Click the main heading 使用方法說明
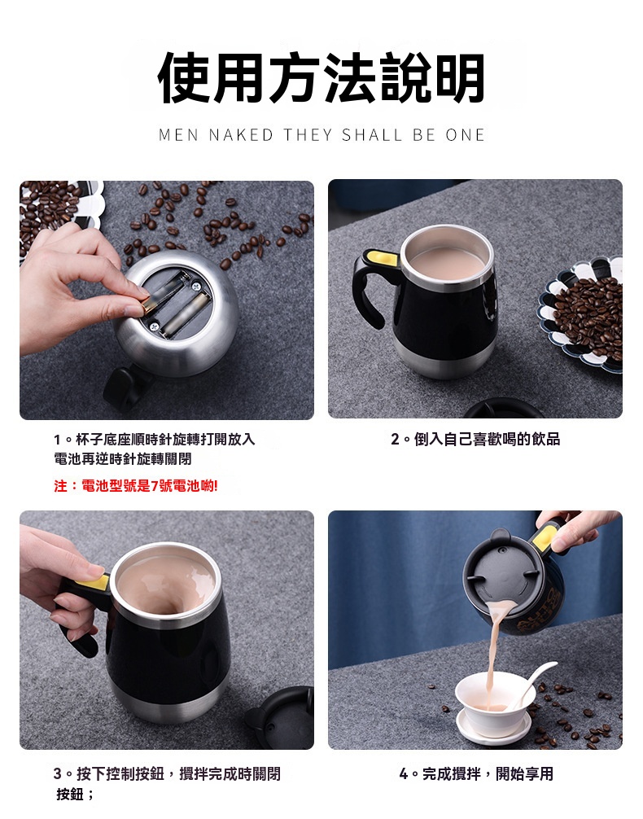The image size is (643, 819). coord(321,78)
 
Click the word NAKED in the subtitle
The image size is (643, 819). coord(241,135)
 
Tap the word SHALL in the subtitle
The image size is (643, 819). coord(372,135)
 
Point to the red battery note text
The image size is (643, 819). coord(136,486)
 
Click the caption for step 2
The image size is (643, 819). coord(475,440)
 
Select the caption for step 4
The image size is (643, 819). coord(476,773)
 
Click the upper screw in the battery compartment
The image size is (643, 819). coord(196,286)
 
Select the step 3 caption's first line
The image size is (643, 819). coord(167,773)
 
